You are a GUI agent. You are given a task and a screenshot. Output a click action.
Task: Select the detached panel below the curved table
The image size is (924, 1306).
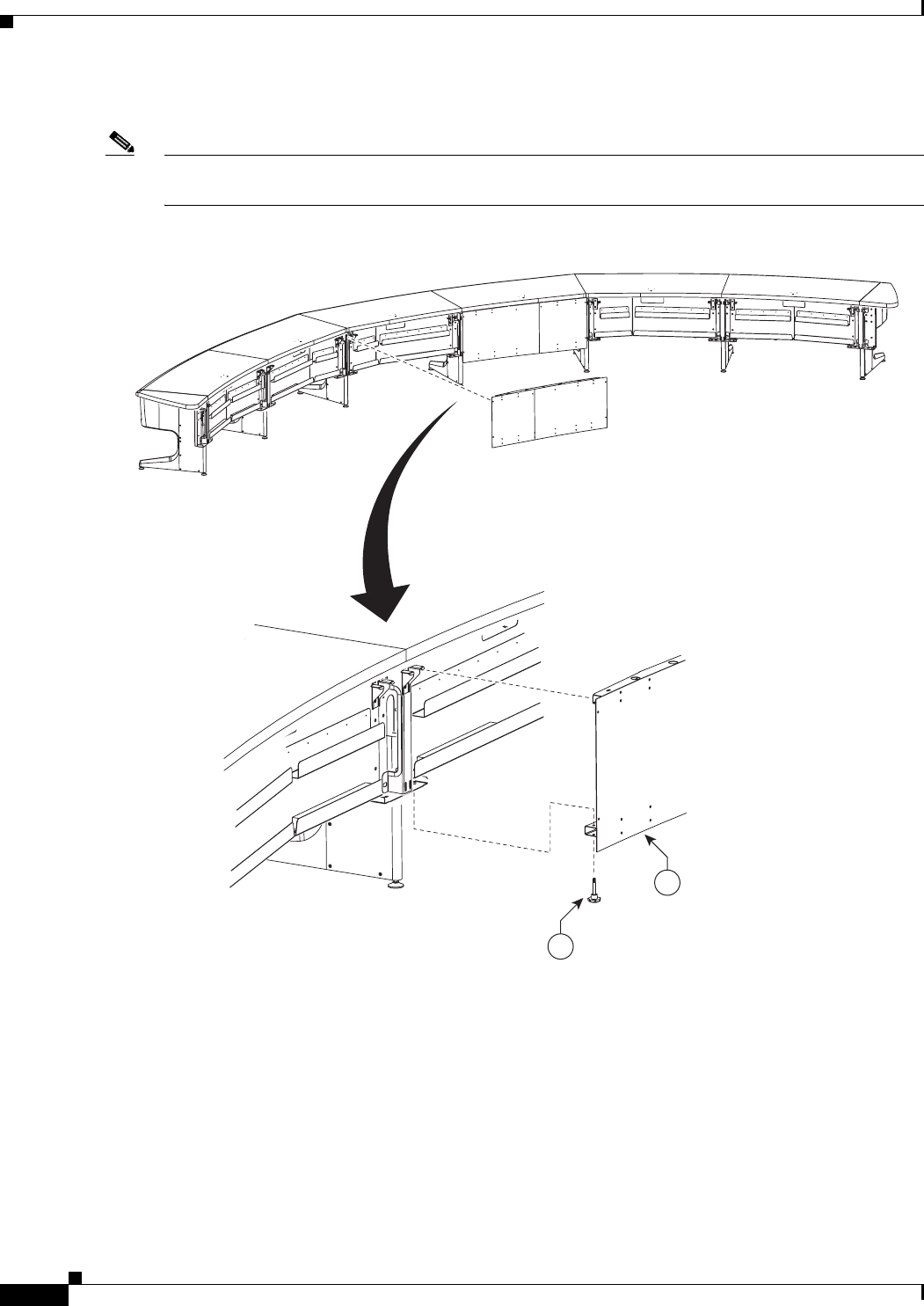click(x=547, y=412)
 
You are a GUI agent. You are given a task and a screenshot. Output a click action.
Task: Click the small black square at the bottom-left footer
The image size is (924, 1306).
click(x=76, y=1274)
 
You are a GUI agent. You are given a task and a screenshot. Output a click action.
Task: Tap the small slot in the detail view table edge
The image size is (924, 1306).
click(x=498, y=634)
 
